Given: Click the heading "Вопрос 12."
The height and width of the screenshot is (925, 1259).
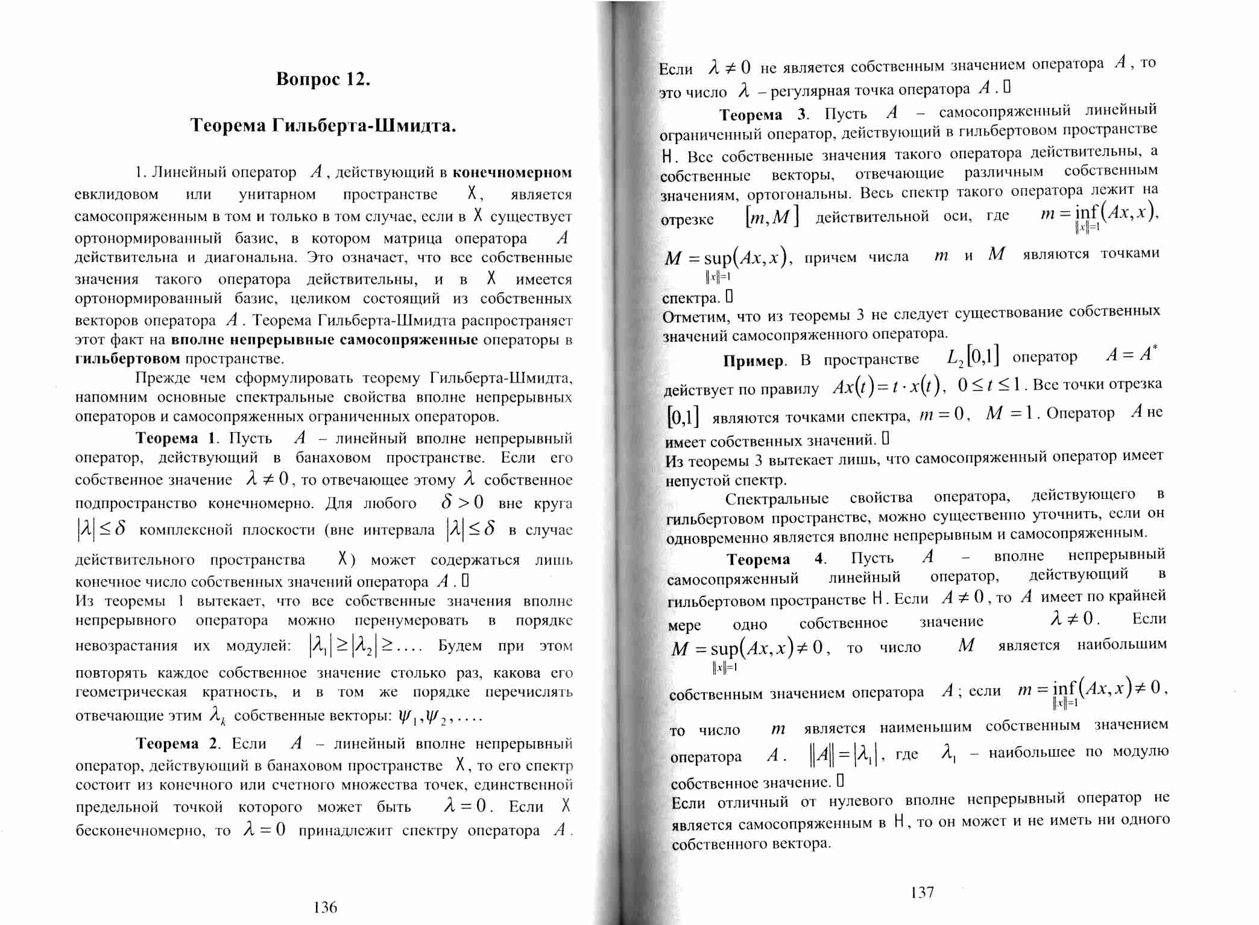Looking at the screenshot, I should pos(323,80).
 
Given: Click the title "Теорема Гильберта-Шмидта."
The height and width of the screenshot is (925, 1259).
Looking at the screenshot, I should pos(323,125).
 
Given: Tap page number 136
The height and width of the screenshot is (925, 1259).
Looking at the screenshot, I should pos(326,907).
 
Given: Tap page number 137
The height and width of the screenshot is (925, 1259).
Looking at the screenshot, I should pos(922,892).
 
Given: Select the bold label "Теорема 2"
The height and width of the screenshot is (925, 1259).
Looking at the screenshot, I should pos(177,743).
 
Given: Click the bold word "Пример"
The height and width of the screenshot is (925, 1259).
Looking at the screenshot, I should pos(754,360).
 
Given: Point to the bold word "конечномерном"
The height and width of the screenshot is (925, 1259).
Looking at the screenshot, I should pos(512,172).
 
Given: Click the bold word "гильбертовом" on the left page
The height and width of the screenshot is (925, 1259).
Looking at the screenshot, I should pos(127,359).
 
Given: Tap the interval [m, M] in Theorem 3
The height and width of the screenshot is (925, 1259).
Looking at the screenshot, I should pos(772,216).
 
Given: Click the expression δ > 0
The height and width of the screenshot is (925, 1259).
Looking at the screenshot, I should pos(462,502).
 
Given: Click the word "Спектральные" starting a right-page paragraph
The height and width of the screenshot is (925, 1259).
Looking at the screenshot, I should pos(777,499).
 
